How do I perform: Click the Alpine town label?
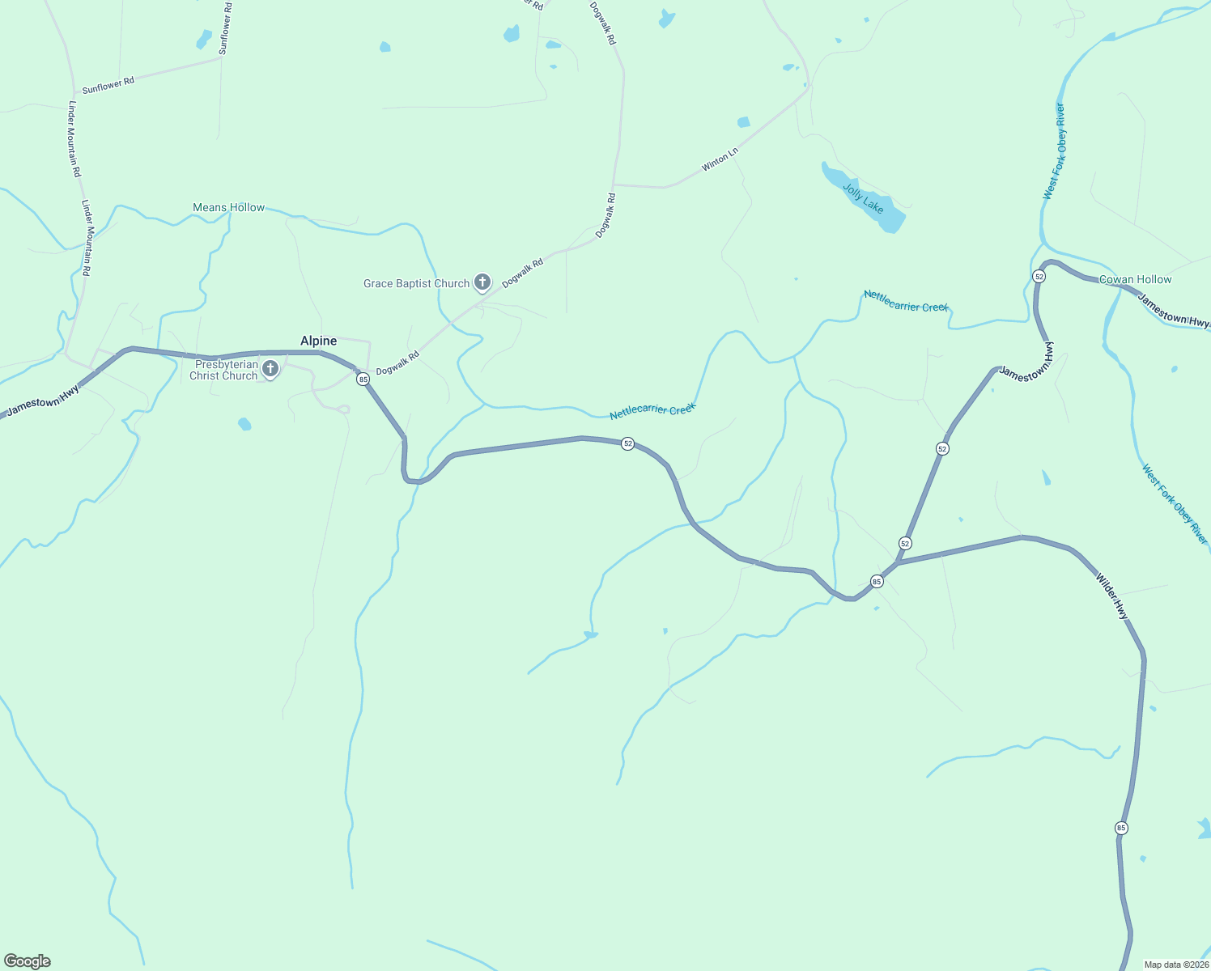click(x=318, y=341)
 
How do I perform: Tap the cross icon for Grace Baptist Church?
click(x=482, y=282)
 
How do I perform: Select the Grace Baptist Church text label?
click(x=416, y=283)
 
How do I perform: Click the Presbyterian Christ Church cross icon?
click(x=270, y=369)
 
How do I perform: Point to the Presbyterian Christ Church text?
click(x=223, y=370)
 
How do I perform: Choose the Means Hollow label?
click(x=228, y=208)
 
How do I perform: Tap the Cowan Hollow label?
click(x=1135, y=280)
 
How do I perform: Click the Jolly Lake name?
click(x=863, y=198)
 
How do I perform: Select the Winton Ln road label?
click(x=720, y=159)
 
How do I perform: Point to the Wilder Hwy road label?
click(x=1111, y=596)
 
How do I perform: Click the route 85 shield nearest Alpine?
click(x=363, y=379)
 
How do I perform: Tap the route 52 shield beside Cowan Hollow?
click(x=1039, y=276)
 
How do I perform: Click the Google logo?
click(x=28, y=961)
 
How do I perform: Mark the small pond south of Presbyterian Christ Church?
click(x=244, y=424)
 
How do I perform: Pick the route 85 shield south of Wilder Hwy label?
click(x=1121, y=828)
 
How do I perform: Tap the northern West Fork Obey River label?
click(x=1054, y=151)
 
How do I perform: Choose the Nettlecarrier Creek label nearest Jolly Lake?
click(x=906, y=301)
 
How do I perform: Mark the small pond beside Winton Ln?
click(x=743, y=122)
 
